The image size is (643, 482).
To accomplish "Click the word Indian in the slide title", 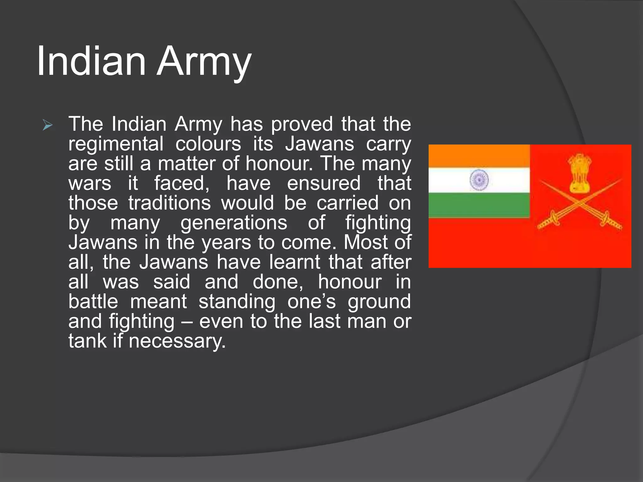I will point(91,61).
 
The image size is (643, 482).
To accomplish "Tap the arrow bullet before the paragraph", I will point(47,126).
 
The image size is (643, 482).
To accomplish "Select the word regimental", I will point(116,144).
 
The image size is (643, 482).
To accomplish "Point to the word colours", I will point(208,144).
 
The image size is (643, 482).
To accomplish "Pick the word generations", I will point(234,223).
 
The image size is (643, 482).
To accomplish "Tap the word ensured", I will point(324,183).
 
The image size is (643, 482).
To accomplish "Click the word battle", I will point(93,302).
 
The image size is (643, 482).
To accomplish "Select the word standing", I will point(237,302).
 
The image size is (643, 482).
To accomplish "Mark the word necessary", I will point(177,341).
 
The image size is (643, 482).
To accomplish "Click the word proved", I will point(302,125).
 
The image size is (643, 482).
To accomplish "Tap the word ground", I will point(379,302).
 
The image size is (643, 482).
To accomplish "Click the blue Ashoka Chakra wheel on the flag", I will point(479,180).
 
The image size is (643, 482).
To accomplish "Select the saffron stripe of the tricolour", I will point(479,156).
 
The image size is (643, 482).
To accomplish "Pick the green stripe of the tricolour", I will point(479,205).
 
